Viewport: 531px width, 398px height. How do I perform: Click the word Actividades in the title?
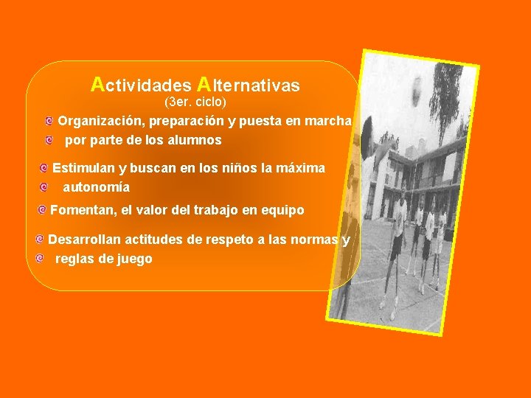[139, 85]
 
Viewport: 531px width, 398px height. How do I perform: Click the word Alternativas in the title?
[250, 85]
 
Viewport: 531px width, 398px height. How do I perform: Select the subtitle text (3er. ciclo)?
[195, 100]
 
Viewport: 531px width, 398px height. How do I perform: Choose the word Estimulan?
[83, 168]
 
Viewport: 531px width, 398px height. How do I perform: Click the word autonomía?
[96, 187]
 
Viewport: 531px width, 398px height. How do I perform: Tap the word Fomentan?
[83, 210]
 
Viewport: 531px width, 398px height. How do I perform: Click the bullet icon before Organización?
[49, 120]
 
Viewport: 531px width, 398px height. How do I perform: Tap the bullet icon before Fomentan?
[42, 210]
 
